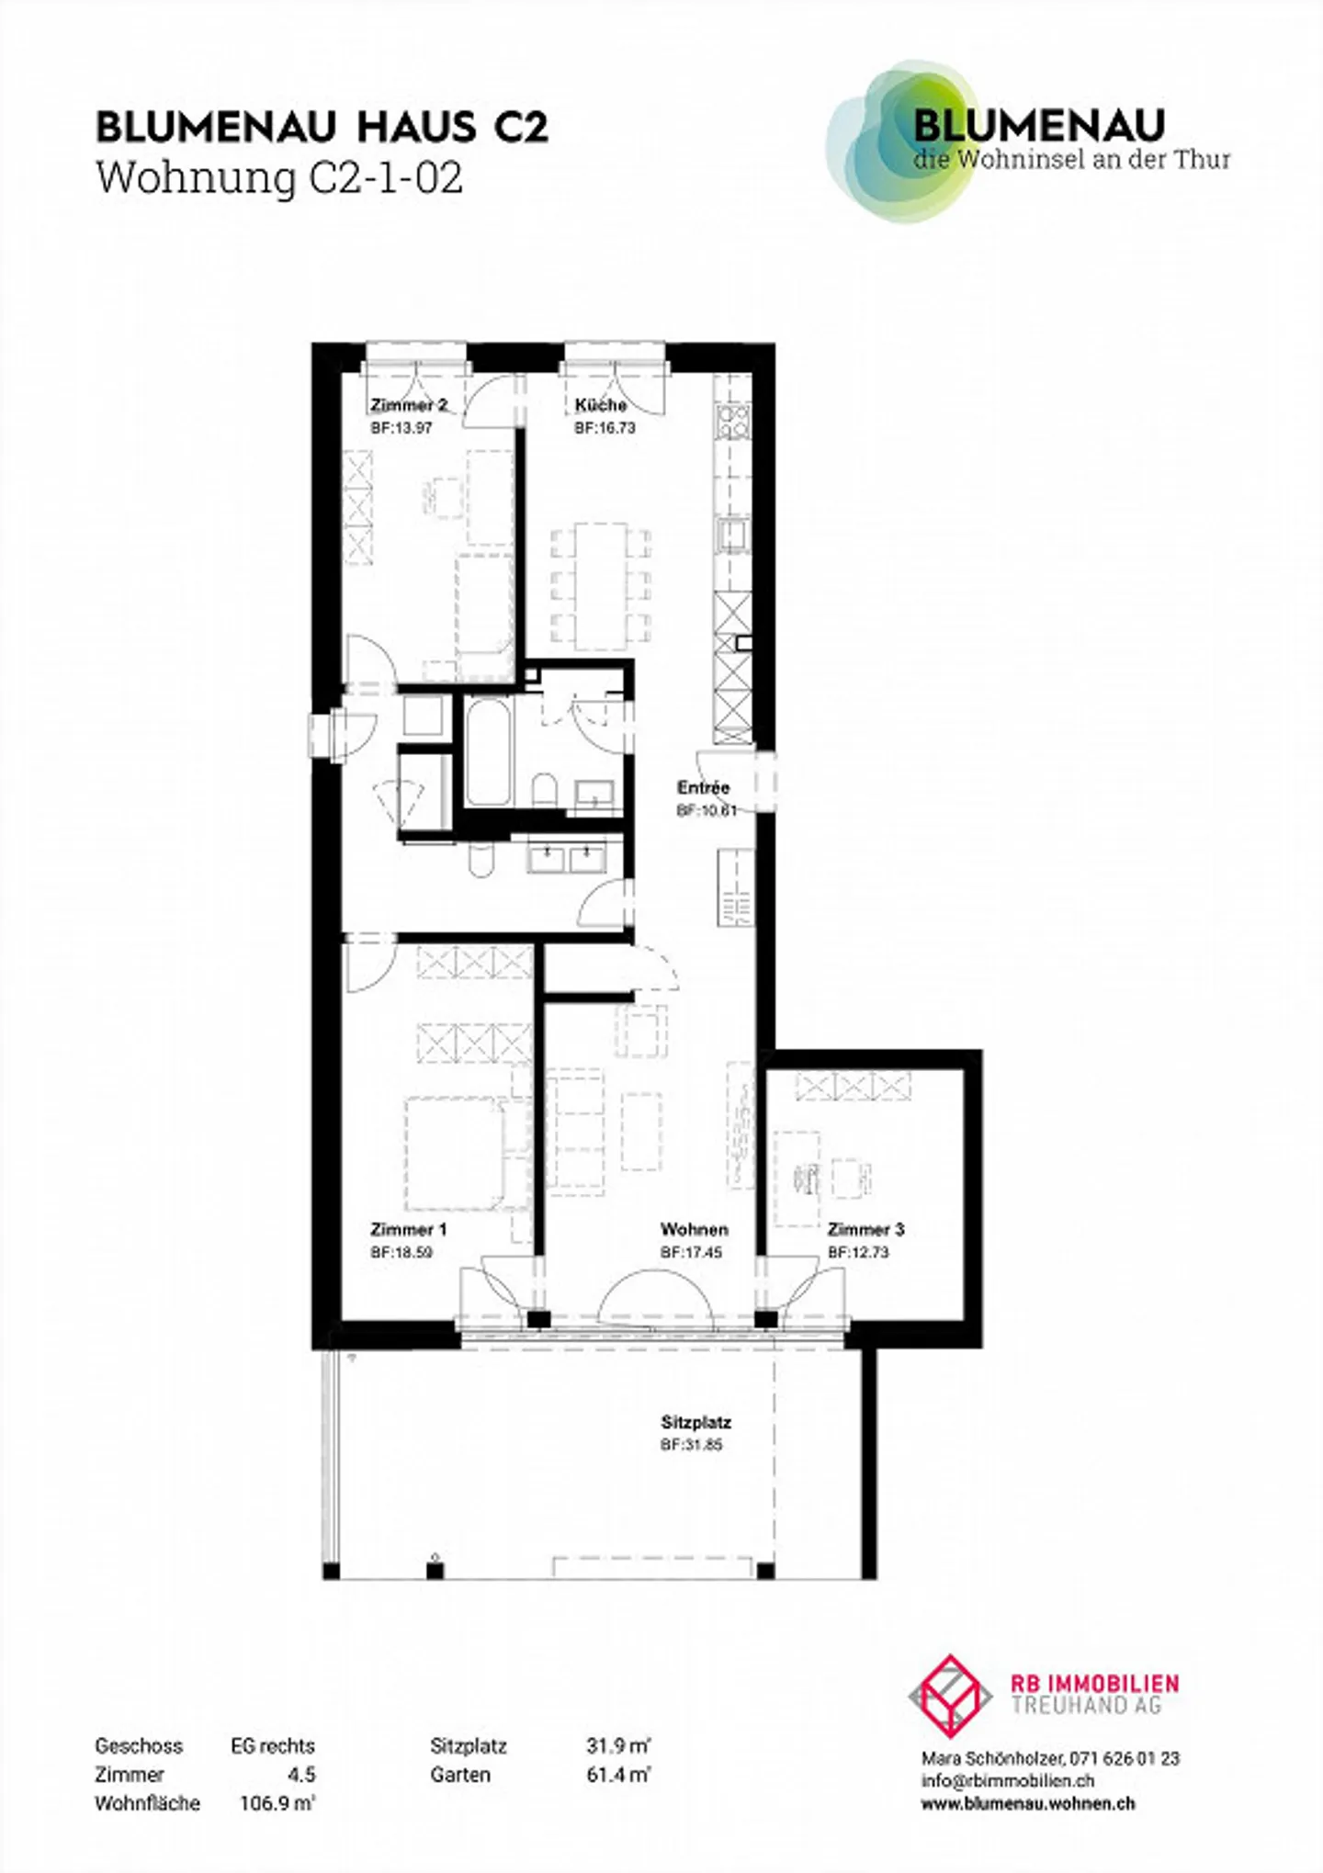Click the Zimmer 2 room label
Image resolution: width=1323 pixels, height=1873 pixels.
coord(409,405)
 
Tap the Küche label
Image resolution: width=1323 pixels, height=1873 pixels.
coord(601,405)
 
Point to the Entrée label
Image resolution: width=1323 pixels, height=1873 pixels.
coord(703,787)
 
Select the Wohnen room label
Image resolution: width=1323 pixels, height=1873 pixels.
coord(694,1229)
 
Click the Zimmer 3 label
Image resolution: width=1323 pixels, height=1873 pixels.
coord(865,1229)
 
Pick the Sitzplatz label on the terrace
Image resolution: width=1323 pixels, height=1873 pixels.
coord(695,1422)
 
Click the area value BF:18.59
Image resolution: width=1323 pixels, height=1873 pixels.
coord(401,1252)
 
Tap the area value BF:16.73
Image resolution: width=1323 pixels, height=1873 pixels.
coord(605,428)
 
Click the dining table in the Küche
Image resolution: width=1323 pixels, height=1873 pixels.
coord(602,586)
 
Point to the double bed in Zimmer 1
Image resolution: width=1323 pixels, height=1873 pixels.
coord(455,1153)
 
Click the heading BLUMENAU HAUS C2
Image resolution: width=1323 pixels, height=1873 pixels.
coord(322,128)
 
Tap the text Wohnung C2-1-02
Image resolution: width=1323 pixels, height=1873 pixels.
coord(279,177)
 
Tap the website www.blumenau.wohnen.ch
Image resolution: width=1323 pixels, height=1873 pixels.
coord(1028,1803)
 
